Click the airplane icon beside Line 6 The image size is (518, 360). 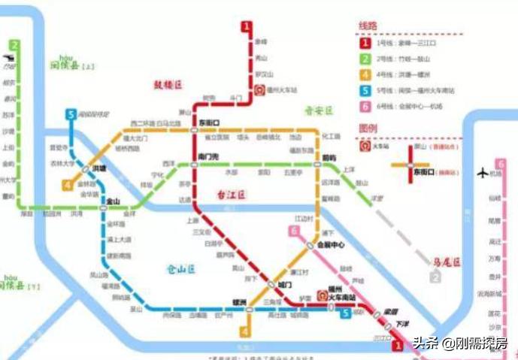(483, 173)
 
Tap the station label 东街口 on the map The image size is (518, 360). (208, 122)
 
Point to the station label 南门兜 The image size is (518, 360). (208, 156)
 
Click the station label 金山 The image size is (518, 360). (114, 201)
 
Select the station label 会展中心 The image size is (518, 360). (330, 245)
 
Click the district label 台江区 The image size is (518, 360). (232, 194)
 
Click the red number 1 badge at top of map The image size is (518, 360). (246, 27)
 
